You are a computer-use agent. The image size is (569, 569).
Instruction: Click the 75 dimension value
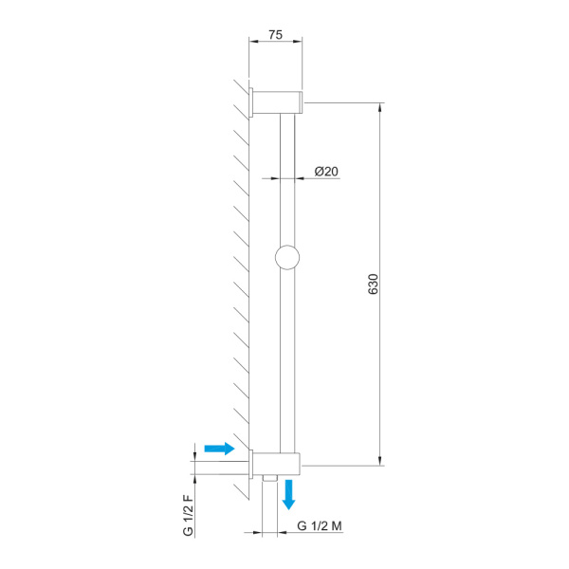(x=275, y=35)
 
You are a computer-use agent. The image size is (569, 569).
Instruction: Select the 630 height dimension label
(x=373, y=284)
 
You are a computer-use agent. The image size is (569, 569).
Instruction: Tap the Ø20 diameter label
(x=326, y=172)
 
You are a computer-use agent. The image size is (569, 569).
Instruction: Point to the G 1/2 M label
(x=320, y=525)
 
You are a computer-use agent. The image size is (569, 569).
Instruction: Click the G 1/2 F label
(x=188, y=515)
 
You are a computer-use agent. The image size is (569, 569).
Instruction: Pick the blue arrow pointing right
(x=220, y=449)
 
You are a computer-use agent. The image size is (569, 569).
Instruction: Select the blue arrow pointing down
(x=289, y=495)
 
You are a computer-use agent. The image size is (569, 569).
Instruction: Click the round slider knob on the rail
(x=287, y=257)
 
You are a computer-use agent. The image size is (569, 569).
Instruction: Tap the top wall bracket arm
(x=276, y=102)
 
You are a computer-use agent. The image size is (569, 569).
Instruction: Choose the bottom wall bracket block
(x=277, y=464)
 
